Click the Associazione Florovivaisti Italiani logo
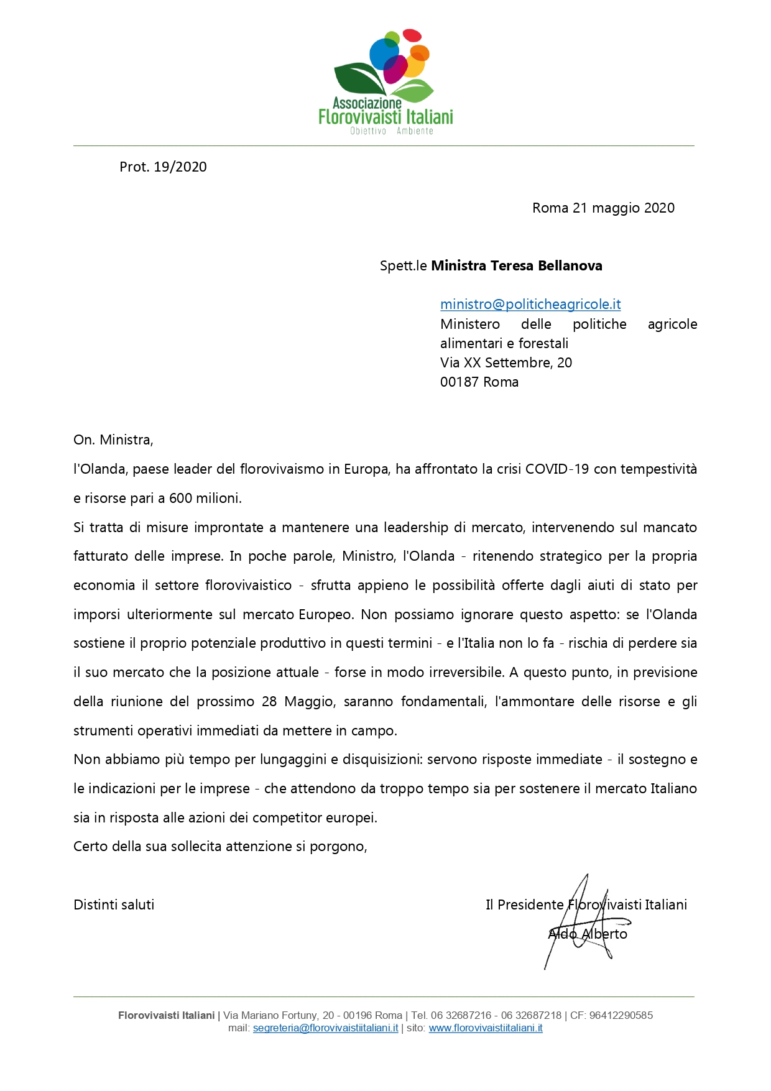pyautogui.click(x=386, y=82)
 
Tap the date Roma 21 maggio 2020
pyautogui.click(x=603, y=208)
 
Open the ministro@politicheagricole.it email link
pyautogui.click(x=530, y=304)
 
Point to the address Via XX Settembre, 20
pyautogui.click(x=506, y=362)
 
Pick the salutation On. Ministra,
pyautogui.click(x=113, y=440)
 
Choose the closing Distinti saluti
pyautogui.click(x=114, y=905)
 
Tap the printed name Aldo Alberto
pyautogui.click(x=588, y=934)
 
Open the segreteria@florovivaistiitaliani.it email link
pyautogui.click(x=325, y=1028)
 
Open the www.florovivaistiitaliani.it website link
pyautogui.click(x=486, y=1028)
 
